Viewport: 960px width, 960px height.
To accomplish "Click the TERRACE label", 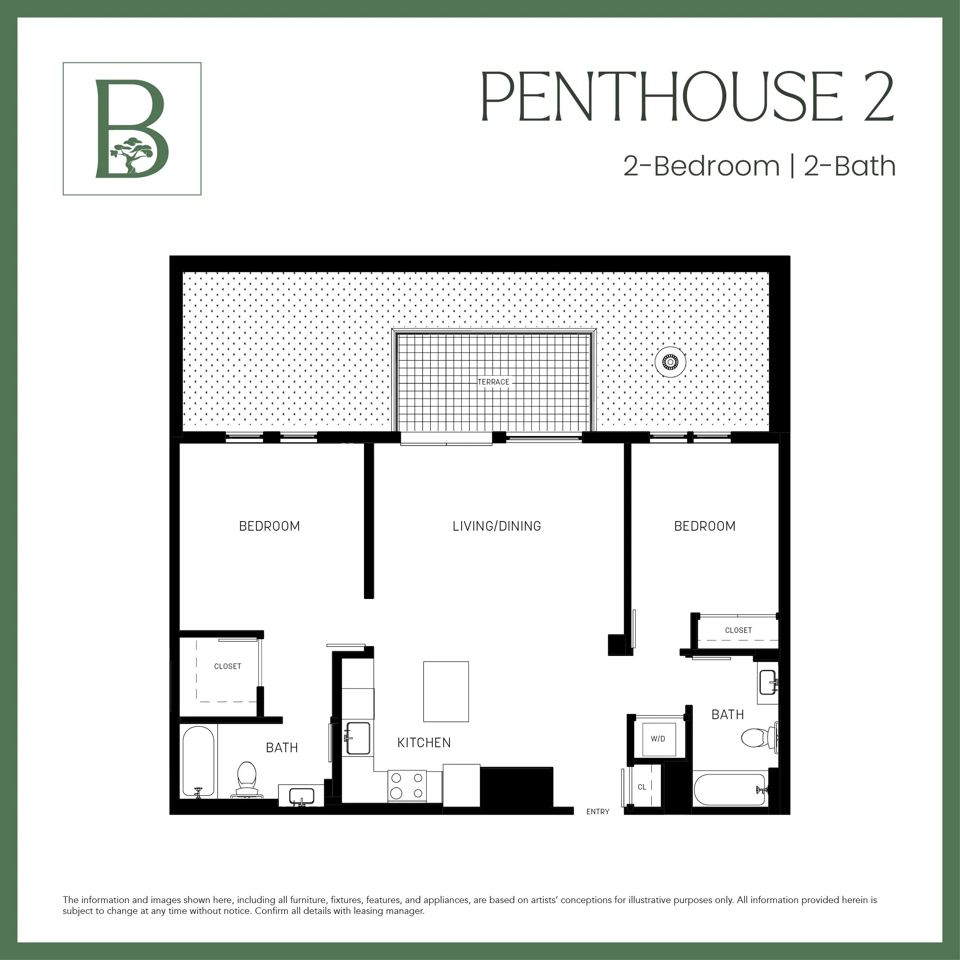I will (493, 382).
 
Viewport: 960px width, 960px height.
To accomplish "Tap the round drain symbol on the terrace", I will (670, 362).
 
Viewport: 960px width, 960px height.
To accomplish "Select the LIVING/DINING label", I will (496, 526).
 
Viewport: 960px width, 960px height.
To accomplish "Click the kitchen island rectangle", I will (446, 691).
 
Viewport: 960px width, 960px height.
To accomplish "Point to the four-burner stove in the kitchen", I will (406, 786).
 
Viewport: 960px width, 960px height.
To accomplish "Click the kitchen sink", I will (358, 738).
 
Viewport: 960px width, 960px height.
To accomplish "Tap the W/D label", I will (658, 739).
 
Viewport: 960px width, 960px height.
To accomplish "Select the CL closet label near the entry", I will (642, 787).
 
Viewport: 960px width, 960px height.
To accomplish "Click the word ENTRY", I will (597, 811).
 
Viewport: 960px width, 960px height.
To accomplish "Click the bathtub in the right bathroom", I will (729, 790).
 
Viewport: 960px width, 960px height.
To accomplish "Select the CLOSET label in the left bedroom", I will (227, 666).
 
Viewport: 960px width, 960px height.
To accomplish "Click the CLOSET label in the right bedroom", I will (738, 630).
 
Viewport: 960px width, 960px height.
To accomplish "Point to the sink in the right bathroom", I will (768, 682).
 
